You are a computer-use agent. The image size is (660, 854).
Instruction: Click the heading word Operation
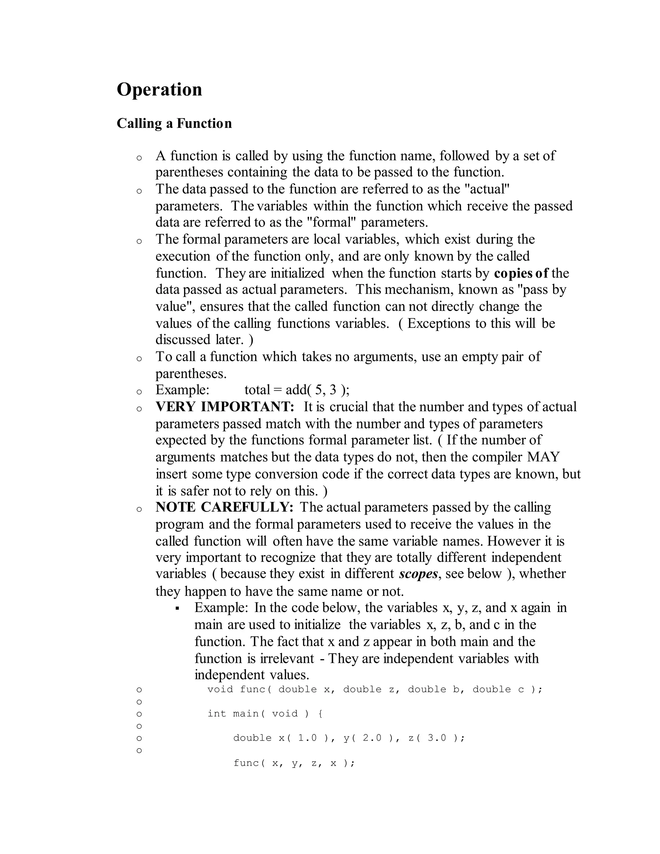[x=160, y=90]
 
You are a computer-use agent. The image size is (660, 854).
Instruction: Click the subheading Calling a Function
[x=174, y=123]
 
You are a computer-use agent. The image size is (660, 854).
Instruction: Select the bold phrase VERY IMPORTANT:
[x=225, y=407]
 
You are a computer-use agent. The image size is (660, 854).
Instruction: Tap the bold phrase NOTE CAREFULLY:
[x=224, y=507]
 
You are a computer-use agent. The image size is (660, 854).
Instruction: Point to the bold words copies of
[x=521, y=273]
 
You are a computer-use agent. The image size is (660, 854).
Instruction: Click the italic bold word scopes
[x=418, y=574]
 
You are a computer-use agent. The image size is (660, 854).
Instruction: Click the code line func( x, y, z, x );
[x=294, y=763]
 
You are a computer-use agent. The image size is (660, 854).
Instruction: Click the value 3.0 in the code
[x=437, y=738]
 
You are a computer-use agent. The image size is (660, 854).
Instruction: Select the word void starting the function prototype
[x=220, y=689]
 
